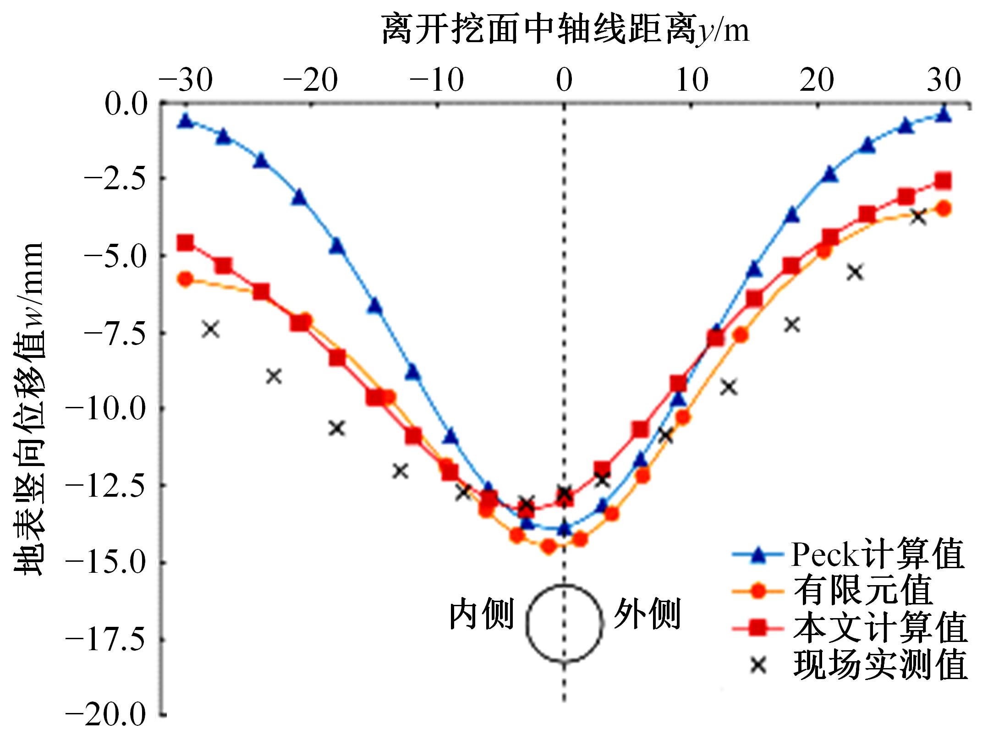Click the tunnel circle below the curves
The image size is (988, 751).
pos(564,623)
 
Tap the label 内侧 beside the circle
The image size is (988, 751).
pos(481,614)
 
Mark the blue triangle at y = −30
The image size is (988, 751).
pos(186,121)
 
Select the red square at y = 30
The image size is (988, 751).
pos(943,181)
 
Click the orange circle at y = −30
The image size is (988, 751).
pos(186,279)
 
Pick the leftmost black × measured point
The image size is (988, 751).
pos(211,329)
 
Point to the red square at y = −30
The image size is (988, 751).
pos(186,242)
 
